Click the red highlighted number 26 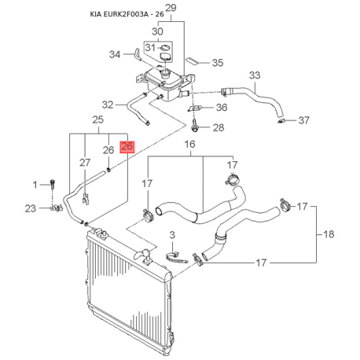(127, 146)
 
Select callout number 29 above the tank (171, 8)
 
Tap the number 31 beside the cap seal (150, 48)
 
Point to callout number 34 (115, 54)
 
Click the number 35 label (218, 63)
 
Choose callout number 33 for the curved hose (255, 75)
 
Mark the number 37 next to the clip (304, 120)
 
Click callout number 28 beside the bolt (219, 128)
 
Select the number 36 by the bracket (222, 108)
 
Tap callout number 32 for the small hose (108, 105)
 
